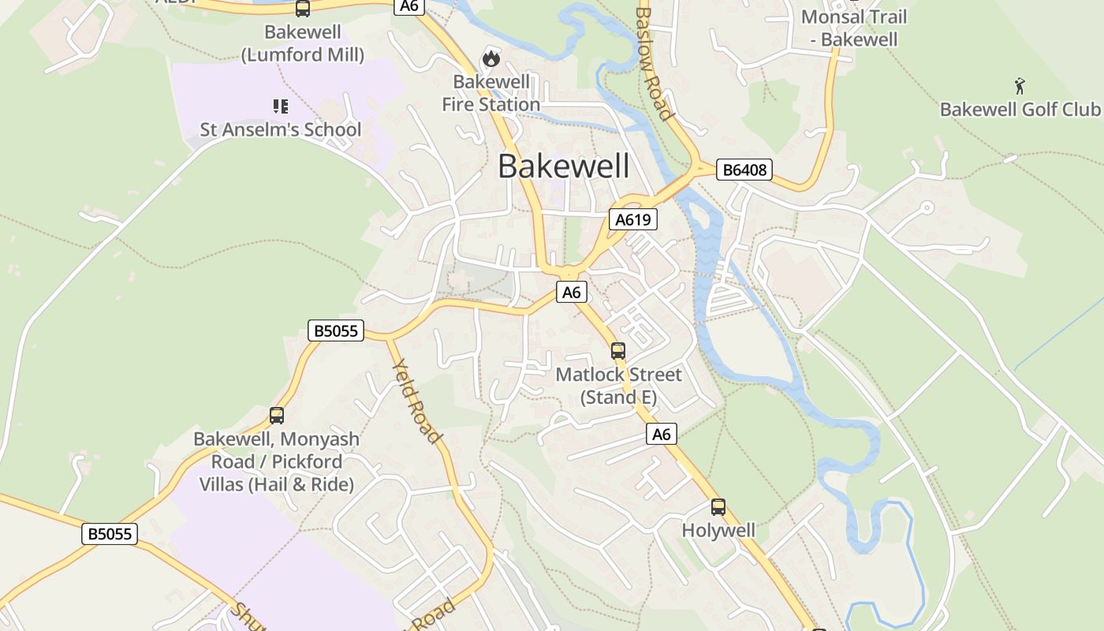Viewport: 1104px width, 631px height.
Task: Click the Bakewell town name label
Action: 564,166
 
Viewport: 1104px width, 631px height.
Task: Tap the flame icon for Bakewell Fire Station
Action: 491,58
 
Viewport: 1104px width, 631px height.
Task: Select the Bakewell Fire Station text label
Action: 490,93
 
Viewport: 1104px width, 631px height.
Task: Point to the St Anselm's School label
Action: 280,129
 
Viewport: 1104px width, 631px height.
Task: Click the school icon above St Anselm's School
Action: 280,106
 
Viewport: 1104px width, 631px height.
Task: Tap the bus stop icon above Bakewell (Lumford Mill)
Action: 303,9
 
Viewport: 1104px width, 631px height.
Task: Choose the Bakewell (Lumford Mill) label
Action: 303,43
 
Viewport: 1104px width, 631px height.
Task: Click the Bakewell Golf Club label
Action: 1020,109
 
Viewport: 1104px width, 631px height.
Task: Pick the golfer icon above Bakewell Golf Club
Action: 1020,85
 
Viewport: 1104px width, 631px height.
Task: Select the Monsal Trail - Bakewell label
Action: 854,28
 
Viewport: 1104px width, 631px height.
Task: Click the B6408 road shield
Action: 744,170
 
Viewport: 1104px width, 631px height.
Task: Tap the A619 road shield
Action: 632,219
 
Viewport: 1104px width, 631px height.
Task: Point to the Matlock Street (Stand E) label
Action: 618,386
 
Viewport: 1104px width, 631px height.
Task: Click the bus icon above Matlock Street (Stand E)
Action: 618,351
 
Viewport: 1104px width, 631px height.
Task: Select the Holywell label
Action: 718,530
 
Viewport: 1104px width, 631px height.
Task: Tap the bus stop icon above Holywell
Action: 718,507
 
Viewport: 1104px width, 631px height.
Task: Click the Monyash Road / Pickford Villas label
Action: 276,461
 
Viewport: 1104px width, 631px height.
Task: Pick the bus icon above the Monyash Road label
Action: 277,416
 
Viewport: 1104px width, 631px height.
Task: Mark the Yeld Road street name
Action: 416,400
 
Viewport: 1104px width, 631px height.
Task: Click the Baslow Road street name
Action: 655,63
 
